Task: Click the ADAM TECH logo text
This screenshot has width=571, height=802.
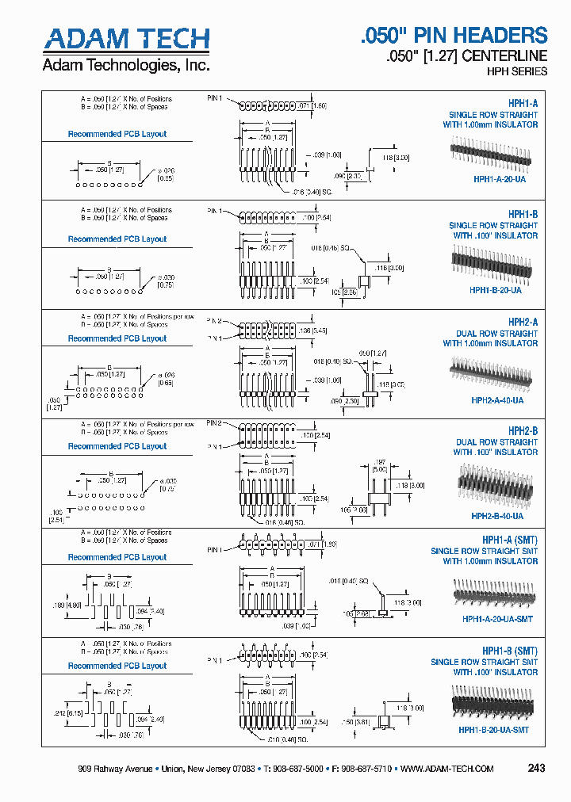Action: pyautogui.click(x=126, y=39)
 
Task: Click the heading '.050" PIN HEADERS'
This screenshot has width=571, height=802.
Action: pyautogui.click(x=454, y=36)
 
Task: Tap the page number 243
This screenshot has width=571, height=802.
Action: pyautogui.click(x=536, y=769)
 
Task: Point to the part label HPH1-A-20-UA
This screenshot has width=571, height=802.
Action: pyautogui.click(x=499, y=179)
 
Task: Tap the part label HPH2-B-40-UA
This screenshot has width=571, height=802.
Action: pyautogui.click(x=497, y=516)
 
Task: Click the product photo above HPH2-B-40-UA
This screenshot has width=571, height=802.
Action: pyautogui.click(x=492, y=483)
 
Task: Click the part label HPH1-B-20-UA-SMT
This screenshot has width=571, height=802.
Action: pyautogui.click(x=493, y=730)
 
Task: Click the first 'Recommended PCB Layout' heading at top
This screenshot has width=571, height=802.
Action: pyautogui.click(x=117, y=134)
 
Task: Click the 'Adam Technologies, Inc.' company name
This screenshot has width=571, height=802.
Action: pyautogui.click(x=126, y=65)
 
